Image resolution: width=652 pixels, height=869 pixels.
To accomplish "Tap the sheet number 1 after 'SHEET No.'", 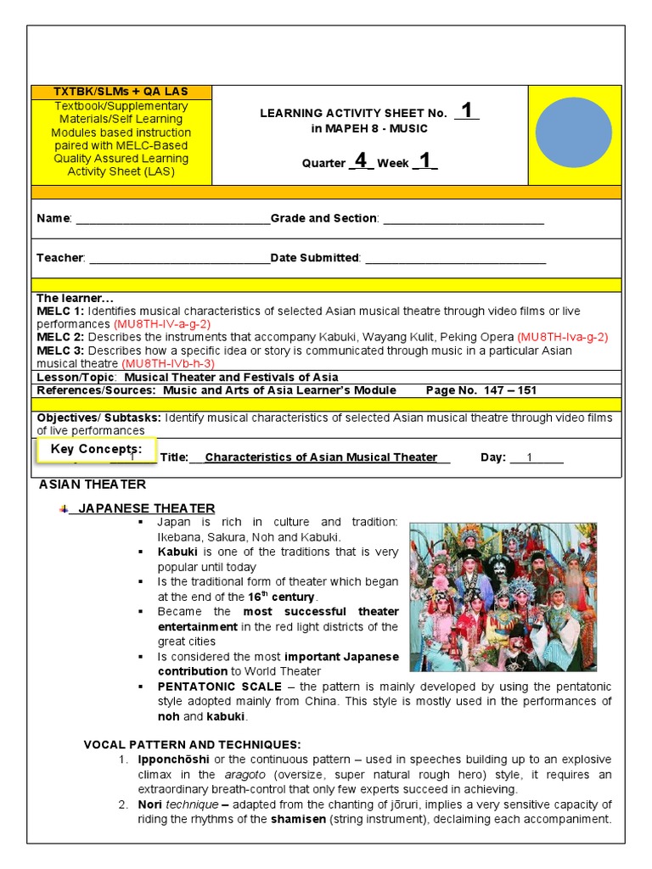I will coord(466,111).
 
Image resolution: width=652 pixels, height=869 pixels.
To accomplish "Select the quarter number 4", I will coord(361,160).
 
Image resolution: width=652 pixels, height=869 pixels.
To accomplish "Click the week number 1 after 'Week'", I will coord(424,160).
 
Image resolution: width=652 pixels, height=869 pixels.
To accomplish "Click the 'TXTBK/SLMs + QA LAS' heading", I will coord(121,92).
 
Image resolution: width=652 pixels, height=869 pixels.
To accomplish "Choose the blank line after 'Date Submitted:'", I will coord(455,258).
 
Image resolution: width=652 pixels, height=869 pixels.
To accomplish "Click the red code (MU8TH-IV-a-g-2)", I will coord(162,324).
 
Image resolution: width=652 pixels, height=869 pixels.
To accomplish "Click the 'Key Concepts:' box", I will coord(97,449).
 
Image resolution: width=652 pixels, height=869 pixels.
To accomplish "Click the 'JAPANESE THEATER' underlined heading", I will coord(147,508).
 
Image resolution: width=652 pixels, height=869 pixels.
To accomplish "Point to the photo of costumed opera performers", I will coord(503,597).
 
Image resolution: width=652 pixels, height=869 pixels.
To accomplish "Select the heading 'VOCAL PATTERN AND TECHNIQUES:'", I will coord(192,744).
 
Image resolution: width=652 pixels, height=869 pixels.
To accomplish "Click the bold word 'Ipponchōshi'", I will coord(174,759).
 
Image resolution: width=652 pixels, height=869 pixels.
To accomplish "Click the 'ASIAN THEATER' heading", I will coord(93,485).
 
